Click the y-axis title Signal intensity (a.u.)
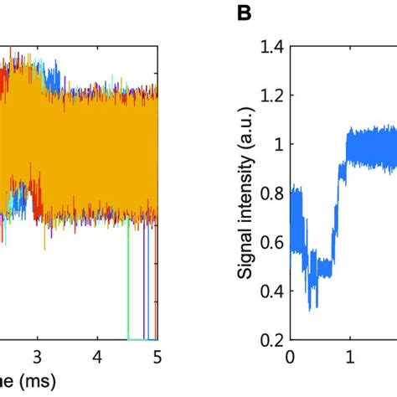[246, 194]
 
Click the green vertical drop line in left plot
[128, 285]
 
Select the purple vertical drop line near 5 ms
[146, 285]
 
